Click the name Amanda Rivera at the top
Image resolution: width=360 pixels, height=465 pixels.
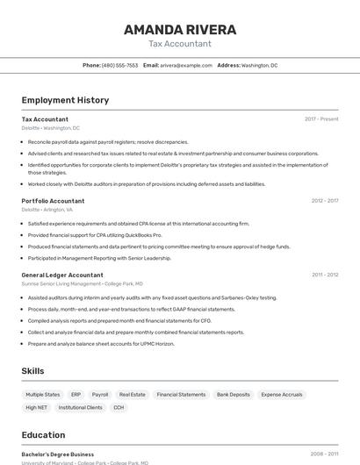180,29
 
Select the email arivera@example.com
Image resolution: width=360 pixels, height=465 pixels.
185,65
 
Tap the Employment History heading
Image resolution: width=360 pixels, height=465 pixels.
65,100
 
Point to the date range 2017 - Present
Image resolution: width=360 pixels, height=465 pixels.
321,119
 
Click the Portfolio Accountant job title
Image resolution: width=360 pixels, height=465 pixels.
53,201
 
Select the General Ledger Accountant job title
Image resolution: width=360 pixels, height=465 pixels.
62,275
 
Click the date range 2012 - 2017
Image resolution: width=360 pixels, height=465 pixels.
324,201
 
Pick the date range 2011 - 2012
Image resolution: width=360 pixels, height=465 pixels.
324,275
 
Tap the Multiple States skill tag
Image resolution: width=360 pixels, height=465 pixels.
43,395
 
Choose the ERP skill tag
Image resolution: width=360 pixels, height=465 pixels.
76,395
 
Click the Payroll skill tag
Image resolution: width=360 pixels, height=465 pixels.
100,395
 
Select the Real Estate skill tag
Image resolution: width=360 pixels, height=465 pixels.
133,395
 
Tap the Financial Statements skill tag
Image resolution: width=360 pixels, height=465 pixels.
181,395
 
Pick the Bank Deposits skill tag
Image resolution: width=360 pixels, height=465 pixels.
234,395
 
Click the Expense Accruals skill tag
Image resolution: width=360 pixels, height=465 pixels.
282,395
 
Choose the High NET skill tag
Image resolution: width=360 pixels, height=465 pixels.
37,408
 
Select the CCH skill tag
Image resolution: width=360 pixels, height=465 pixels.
119,408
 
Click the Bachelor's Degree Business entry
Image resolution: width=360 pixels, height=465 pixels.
58,454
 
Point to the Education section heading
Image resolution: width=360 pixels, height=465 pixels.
43,435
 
